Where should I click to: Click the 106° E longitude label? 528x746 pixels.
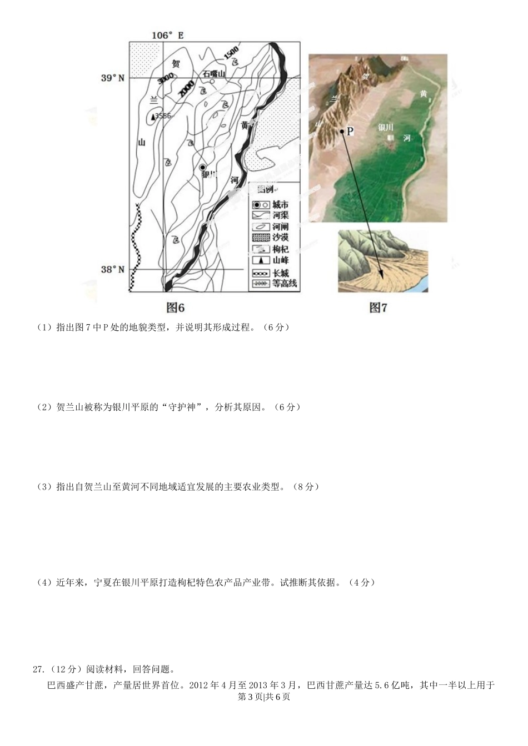tap(167, 36)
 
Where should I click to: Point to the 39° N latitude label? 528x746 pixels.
tap(113, 78)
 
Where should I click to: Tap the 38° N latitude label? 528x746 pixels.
tap(113, 270)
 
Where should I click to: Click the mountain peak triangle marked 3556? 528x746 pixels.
tap(153, 117)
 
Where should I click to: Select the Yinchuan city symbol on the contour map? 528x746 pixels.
tap(203, 167)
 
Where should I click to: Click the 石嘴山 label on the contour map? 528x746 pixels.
tap(214, 73)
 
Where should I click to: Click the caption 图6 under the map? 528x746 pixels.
tap(176, 308)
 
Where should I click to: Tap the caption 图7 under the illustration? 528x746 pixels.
tap(378, 308)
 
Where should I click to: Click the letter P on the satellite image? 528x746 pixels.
tap(350, 132)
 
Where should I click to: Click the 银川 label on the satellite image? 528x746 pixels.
tap(386, 127)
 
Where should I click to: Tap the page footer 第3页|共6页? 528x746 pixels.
tap(263, 697)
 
